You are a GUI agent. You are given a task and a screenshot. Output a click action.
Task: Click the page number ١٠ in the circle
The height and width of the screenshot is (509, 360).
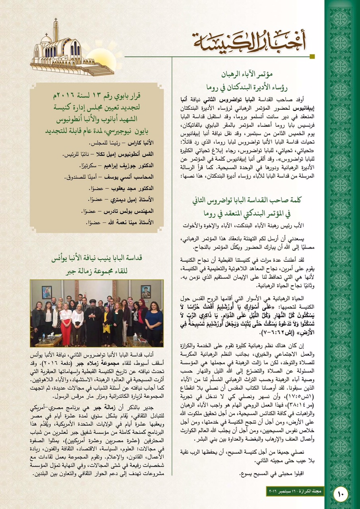point(341,494)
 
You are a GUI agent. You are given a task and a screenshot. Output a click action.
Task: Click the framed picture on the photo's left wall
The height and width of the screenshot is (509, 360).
point(46,292)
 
